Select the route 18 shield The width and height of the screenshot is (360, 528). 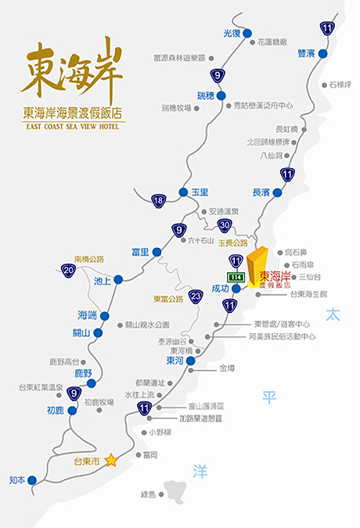[x=159, y=201]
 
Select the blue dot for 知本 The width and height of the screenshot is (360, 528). [x=32, y=480]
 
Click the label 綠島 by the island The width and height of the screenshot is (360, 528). [x=149, y=494]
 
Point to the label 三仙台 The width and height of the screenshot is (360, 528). [x=311, y=277]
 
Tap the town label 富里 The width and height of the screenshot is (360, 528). [x=140, y=252]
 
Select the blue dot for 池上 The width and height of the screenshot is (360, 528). [x=118, y=279]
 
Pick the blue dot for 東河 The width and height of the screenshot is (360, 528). [x=190, y=361]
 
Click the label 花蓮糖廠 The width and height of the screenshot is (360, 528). [x=273, y=41]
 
